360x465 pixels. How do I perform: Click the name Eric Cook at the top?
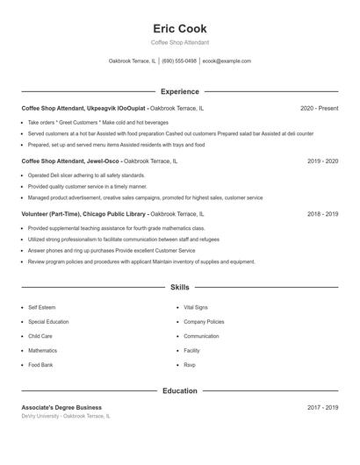(179, 29)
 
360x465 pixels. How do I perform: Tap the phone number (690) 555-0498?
(179, 61)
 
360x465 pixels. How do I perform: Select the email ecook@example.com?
(227, 61)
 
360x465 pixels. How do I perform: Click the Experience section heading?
(179, 91)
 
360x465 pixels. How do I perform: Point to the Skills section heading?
(179, 287)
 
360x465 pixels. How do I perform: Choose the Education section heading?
(179, 390)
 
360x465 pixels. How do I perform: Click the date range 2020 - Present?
(319, 108)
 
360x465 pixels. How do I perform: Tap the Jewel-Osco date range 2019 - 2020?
(320, 161)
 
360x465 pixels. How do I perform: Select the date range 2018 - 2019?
(320, 213)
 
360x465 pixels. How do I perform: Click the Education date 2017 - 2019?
(320, 407)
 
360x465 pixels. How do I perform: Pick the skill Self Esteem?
(41, 308)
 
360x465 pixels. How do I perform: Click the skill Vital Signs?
(196, 308)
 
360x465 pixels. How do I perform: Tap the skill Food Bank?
(40, 364)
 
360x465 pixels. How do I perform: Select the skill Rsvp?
(190, 364)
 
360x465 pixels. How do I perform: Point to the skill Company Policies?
(204, 322)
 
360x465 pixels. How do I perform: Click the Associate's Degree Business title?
(61, 407)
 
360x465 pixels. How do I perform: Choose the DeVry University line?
(66, 416)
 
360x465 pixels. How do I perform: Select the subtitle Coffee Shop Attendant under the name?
(179, 42)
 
